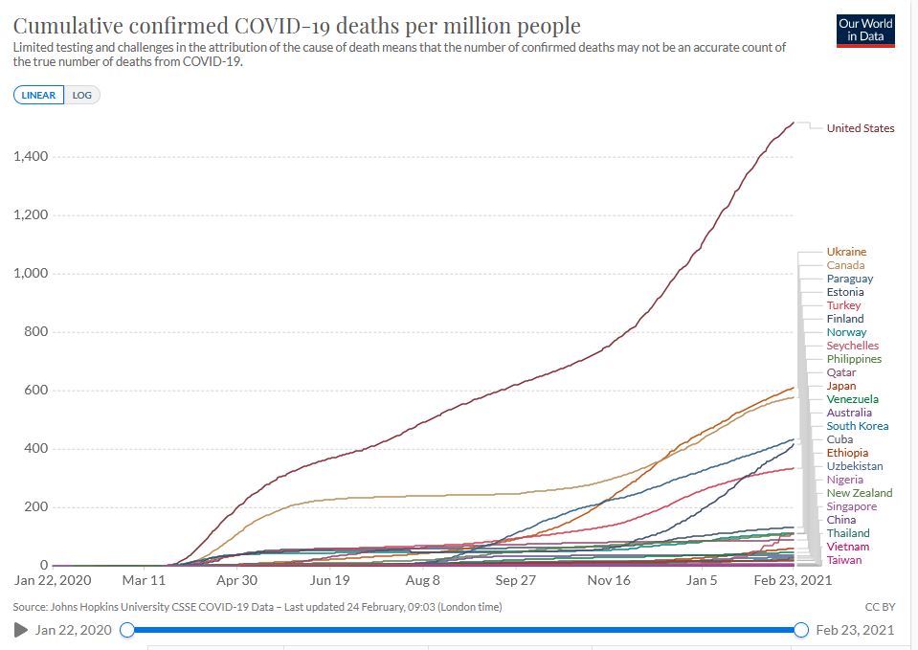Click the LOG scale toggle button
[x=82, y=95]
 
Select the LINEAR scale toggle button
[x=39, y=95]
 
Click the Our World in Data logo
[x=864, y=30]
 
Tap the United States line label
[x=861, y=128]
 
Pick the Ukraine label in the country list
[x=846, y=252]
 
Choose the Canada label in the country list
[x=845, y=265]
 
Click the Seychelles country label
[x=852, y=346]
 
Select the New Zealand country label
[x=860, y=493]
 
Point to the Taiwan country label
[x=844, y=560]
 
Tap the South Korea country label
[x=857, y=426]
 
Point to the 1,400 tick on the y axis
[x=31, y=156]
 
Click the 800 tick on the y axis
[x=36, y=332]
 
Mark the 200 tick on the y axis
[x=36, y=507]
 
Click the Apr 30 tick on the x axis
[x=236, y=580]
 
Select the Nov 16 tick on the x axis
[x=609, y=580]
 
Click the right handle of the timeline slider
[x=801, y=630]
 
